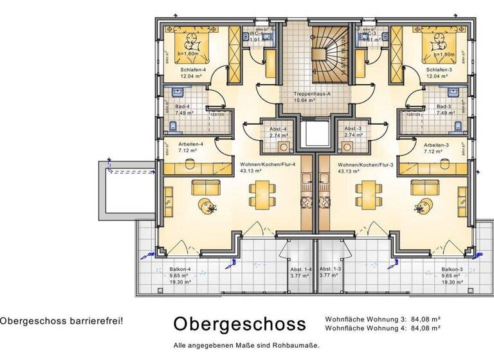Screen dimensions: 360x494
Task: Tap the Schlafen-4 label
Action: click(194, 69)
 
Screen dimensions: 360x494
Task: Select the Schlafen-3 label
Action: click(438, 69)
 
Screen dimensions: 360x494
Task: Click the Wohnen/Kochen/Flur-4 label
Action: click(268, 165)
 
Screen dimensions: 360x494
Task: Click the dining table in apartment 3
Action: click(367, 191)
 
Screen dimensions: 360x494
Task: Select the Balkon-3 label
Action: click(452, 269)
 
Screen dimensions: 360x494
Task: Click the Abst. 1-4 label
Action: click(300, 269)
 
